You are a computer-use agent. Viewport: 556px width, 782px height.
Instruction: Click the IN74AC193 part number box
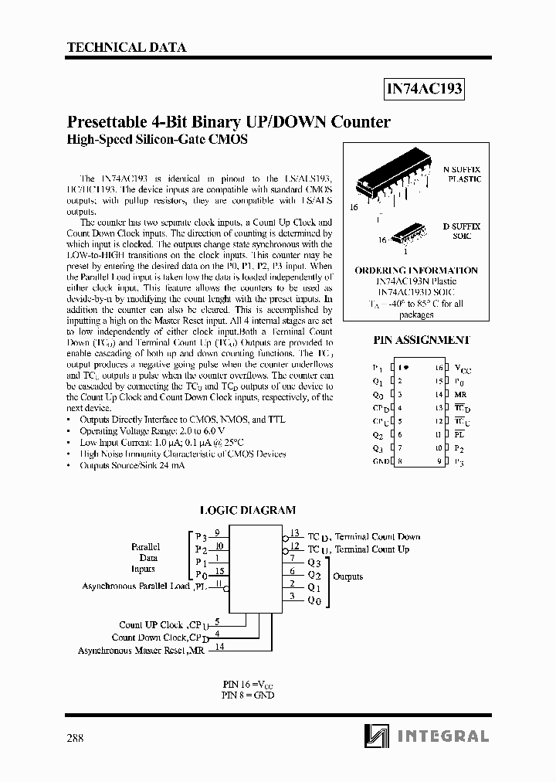point(424,89)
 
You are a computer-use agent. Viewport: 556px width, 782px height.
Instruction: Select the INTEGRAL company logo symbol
point(378,736)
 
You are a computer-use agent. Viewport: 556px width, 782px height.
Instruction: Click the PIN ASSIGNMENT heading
point(422,340)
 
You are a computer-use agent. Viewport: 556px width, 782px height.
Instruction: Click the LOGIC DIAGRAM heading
point(248,510)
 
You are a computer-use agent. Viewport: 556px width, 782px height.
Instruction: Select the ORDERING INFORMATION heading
point(416,270)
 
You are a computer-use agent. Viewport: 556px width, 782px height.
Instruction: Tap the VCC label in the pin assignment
point(463,369)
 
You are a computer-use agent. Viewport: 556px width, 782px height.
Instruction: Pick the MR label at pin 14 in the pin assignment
point(460,395)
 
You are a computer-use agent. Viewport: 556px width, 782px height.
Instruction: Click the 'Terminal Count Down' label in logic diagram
point(378,536)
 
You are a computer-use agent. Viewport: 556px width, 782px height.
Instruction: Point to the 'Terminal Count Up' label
point(371,549)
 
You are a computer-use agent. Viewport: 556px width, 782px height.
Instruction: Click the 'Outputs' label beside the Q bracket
point(347,576)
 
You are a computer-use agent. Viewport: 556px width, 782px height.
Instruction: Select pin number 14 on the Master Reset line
point(219,647)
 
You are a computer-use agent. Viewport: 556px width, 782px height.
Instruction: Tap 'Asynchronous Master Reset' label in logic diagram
point(131,651)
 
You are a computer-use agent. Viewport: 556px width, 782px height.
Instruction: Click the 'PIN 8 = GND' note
point(247,695)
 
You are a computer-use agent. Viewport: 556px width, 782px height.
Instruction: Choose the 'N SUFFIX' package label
point(461,168)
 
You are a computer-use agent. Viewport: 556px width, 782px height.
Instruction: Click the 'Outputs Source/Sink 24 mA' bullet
point(127,466)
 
